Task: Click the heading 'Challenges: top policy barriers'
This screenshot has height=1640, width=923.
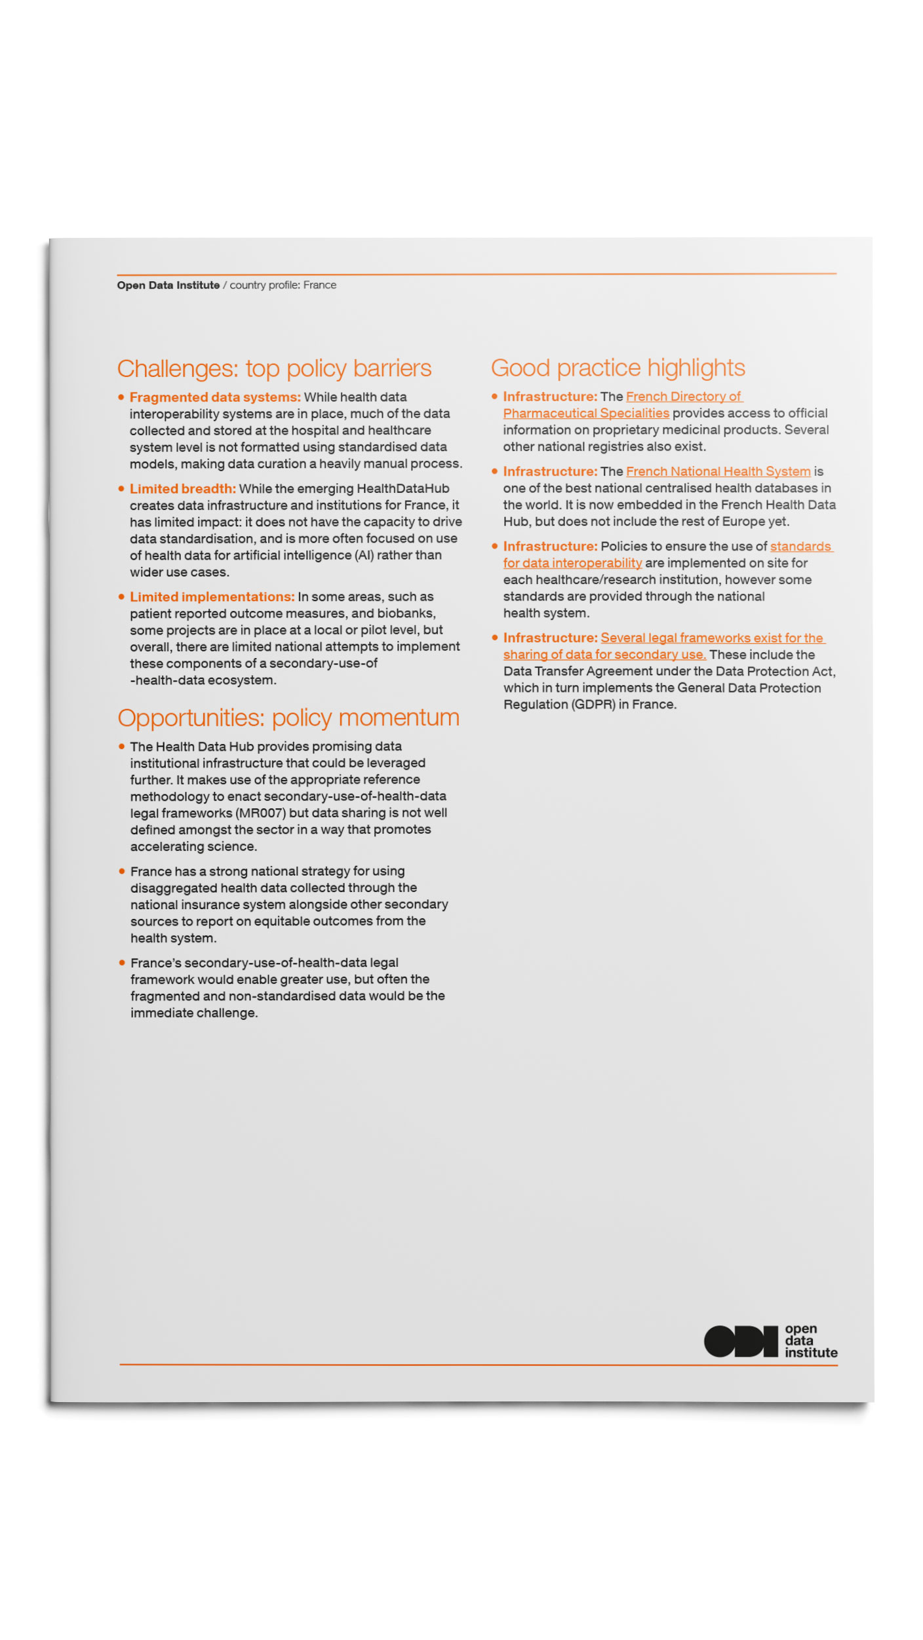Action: coord(274,368)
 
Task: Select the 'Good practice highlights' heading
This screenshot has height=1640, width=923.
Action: coord(618,368)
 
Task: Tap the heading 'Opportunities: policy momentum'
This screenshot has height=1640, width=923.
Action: coord(288,718)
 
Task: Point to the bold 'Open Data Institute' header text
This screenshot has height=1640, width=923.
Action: coord(168,285)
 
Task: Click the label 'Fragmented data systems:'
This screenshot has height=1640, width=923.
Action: coord(215,397)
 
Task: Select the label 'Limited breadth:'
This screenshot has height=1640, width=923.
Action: coord(182,488)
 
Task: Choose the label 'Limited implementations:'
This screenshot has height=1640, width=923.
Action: coord(212,596)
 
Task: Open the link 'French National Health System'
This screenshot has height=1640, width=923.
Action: coord(718,471)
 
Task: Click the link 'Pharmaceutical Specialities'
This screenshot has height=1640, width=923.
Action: coord(586,414)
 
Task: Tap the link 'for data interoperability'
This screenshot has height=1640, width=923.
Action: coord(572,563)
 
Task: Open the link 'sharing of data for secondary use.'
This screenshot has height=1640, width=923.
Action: coord(604,654)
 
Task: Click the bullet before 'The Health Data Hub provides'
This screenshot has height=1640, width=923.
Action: coord(122,746)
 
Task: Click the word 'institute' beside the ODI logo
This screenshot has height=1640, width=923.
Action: coord(811,1352)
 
